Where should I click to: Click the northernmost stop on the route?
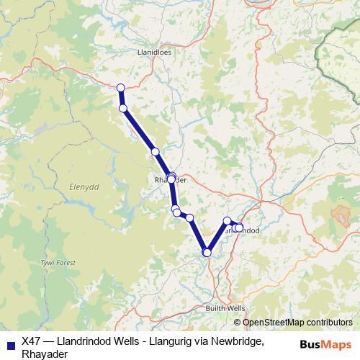120,88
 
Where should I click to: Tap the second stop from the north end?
123,108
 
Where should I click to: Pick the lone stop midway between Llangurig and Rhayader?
155,152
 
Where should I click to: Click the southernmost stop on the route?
207,252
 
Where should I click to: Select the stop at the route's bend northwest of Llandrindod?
228,221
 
